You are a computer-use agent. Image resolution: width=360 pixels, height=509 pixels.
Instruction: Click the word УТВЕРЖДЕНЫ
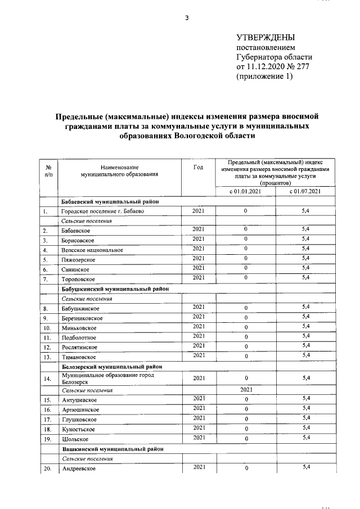(265, 38)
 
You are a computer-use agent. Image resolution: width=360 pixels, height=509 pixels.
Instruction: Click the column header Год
(198, 167)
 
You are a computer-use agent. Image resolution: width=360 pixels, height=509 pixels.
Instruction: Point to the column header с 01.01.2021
(246, 192)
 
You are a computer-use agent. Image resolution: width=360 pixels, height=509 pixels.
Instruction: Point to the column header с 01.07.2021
(305, 192)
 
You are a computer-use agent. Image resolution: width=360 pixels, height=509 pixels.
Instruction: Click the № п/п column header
(48, 171)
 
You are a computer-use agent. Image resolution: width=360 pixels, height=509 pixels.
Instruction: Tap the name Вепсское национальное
(92, 250)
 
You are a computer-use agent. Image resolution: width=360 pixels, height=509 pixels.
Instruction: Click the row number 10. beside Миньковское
(48, 328)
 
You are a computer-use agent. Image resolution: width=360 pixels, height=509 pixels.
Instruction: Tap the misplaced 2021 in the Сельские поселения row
(246, 389)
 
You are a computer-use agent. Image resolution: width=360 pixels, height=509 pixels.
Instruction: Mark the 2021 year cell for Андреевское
(198, 467)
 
